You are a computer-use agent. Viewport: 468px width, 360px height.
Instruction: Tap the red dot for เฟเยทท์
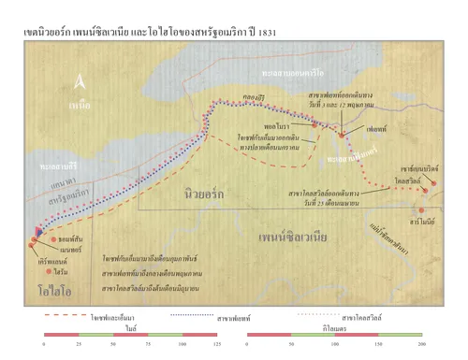pos(343,136)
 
